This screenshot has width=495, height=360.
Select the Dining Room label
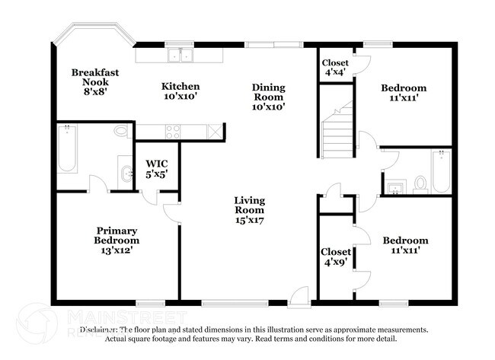pyautogui.click(x=268, y=97)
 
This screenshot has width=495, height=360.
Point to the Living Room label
pyautogui.click(x=249, y=210)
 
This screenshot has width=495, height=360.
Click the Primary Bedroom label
pyautogui.click(x=117, y=239)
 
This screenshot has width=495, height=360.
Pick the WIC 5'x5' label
pyautogui.click(x=157, y=169)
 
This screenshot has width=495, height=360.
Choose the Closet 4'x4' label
pyautogui.click(x=334, y=67)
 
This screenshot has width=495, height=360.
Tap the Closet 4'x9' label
pyautogui.click(x=335, y=256)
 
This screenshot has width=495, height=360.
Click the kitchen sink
pyautogui.click(x=181, y=55)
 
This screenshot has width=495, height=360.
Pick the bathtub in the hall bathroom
pyautogui.click(x=441, y=171)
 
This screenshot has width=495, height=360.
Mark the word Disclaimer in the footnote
pyautogui.click(x=100, y=330)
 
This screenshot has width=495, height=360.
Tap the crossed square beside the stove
pyautogui.click(x=216, y=131)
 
